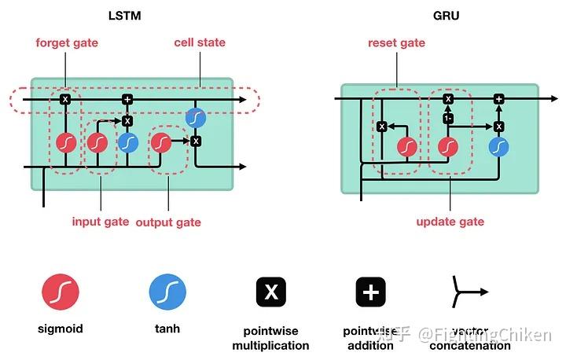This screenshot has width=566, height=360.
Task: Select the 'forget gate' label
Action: coord(67,42)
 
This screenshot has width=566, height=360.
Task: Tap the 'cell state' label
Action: coord(200,42)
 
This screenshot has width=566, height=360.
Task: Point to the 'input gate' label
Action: coord(101,222)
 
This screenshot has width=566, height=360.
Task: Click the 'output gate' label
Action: coord(168,222)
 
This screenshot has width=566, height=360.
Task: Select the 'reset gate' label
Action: coord(397,42)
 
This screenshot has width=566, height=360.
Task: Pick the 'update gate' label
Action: coord(450,222)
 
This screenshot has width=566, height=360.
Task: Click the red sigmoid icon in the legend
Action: coord(61,292)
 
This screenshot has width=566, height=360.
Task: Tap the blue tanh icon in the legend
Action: coord(167,292)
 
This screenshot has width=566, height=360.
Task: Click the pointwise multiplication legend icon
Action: coord(271,292)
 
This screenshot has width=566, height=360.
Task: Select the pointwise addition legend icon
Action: coord(370,292)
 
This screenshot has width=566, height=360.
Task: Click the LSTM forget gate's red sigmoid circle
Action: coord(66,142)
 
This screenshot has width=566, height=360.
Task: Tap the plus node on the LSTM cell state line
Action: coord(127,100)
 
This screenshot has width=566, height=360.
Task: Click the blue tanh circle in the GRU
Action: coord(498,147)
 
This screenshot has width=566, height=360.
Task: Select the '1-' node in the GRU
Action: coord(448,117)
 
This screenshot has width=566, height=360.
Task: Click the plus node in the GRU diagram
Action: coord(498,99)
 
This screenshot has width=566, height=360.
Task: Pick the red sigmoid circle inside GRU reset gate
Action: coord(407,147)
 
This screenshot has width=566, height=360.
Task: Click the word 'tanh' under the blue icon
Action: coord(167,329)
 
